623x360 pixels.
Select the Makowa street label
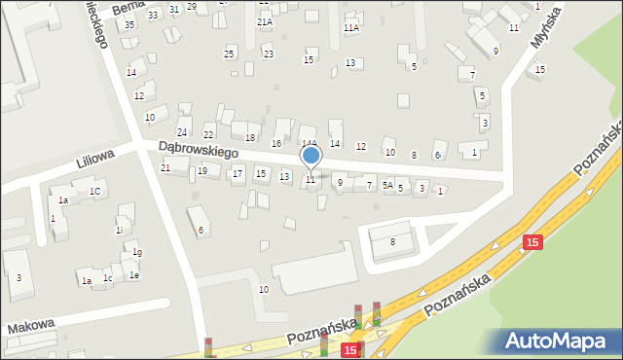[x=31, y=327]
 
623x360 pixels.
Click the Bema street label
[x=127, y=9]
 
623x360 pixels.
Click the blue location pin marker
[x=311, y=156]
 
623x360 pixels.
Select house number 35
[x=129, y=24]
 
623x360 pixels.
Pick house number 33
[x=153, y=16]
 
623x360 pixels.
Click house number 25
[x=230, y=52]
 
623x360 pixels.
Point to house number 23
[x=269, y=54]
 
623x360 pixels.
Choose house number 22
[x=208, y=134]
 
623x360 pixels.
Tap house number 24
[x=182, y=132]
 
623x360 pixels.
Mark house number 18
[x=250, y=138]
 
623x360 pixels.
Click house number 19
[x=202, y=171]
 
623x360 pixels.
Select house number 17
[x=238, y=174]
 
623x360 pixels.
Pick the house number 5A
[x=387, y=186]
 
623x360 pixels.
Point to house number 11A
[x=351, y=28]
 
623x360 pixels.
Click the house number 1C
[x=94, y=192]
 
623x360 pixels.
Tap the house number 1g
[x=137, y=253]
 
